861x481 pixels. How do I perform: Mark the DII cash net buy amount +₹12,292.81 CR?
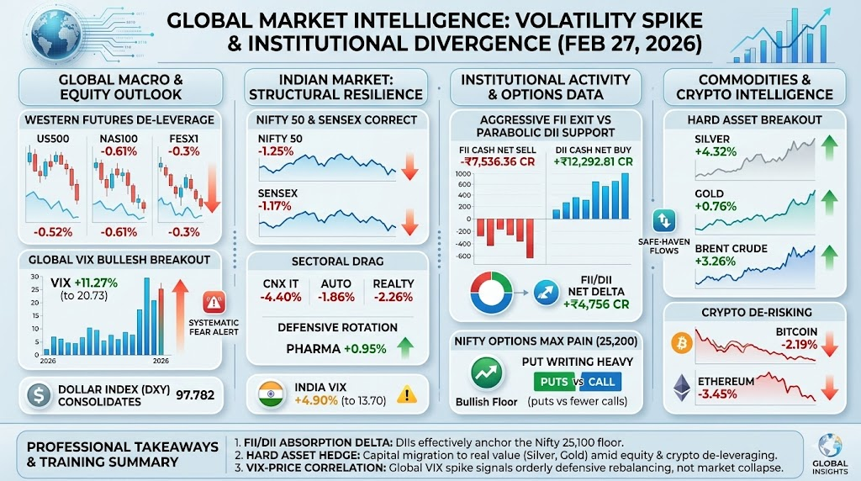(593, 161)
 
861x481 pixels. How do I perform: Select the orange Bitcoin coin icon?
(681, 342)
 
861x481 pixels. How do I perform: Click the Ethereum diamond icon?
(681, 388)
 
